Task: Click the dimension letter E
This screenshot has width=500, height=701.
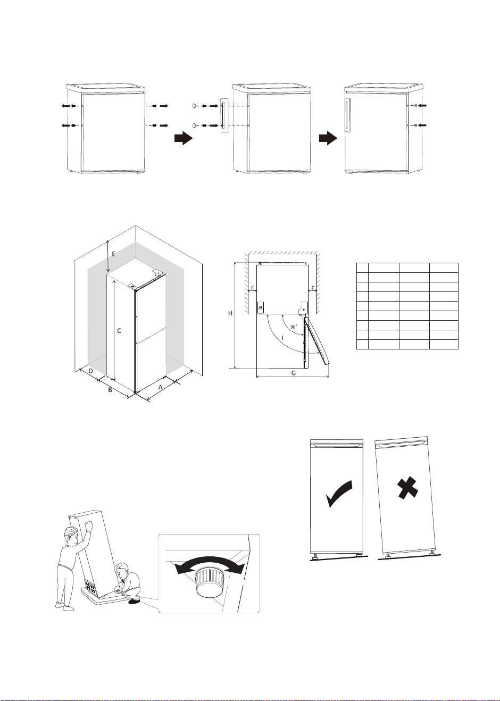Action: coord(113,254)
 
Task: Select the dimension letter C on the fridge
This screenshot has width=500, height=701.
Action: coord(119,331)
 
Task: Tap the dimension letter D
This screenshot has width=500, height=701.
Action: coord(91,371)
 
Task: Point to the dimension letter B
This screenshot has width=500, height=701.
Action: coord(110,390)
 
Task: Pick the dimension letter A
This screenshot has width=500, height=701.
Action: coord(161,387)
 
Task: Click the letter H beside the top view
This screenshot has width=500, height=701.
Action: coord(230,313)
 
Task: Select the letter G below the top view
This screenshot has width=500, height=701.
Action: coord(294,373)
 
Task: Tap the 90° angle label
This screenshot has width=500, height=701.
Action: coord(294,327)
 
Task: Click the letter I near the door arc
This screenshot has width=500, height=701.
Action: coord(283,338)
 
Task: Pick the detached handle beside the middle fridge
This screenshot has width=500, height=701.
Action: coord(224,116)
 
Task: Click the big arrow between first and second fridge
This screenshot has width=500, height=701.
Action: coord(184,138)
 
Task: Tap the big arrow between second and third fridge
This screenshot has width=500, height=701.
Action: coord(328,138)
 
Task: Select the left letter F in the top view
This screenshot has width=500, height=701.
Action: coord(253,288)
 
